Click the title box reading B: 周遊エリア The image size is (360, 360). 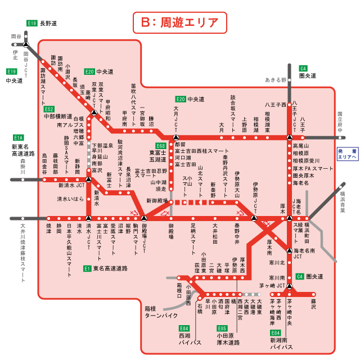tap(179, 22)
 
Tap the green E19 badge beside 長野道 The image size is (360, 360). tap(32, 24)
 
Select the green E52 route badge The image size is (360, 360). tap(49, 109)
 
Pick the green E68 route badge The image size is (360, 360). tap(160, 146)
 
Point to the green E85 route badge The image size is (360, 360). tap(222, 328)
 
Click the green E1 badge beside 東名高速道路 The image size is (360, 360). tap(87, 268)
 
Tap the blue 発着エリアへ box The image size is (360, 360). tap(347, 154)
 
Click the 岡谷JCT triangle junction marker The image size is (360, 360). tap(26, 44)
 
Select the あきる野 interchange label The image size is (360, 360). tap(276, 80)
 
